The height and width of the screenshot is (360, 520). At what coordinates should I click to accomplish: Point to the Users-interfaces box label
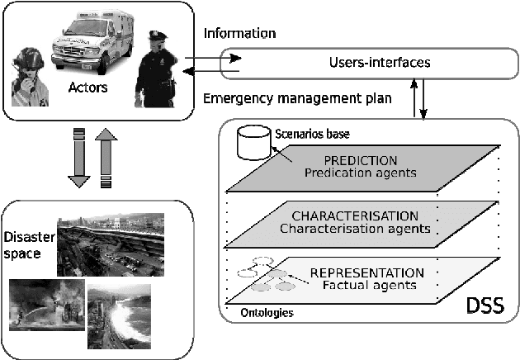[367, 62]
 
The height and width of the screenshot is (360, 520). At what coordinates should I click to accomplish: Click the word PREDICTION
[362, 159]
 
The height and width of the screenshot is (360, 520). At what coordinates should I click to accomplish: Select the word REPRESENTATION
[366, 272]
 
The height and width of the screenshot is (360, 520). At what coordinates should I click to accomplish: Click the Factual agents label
[369, 286]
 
